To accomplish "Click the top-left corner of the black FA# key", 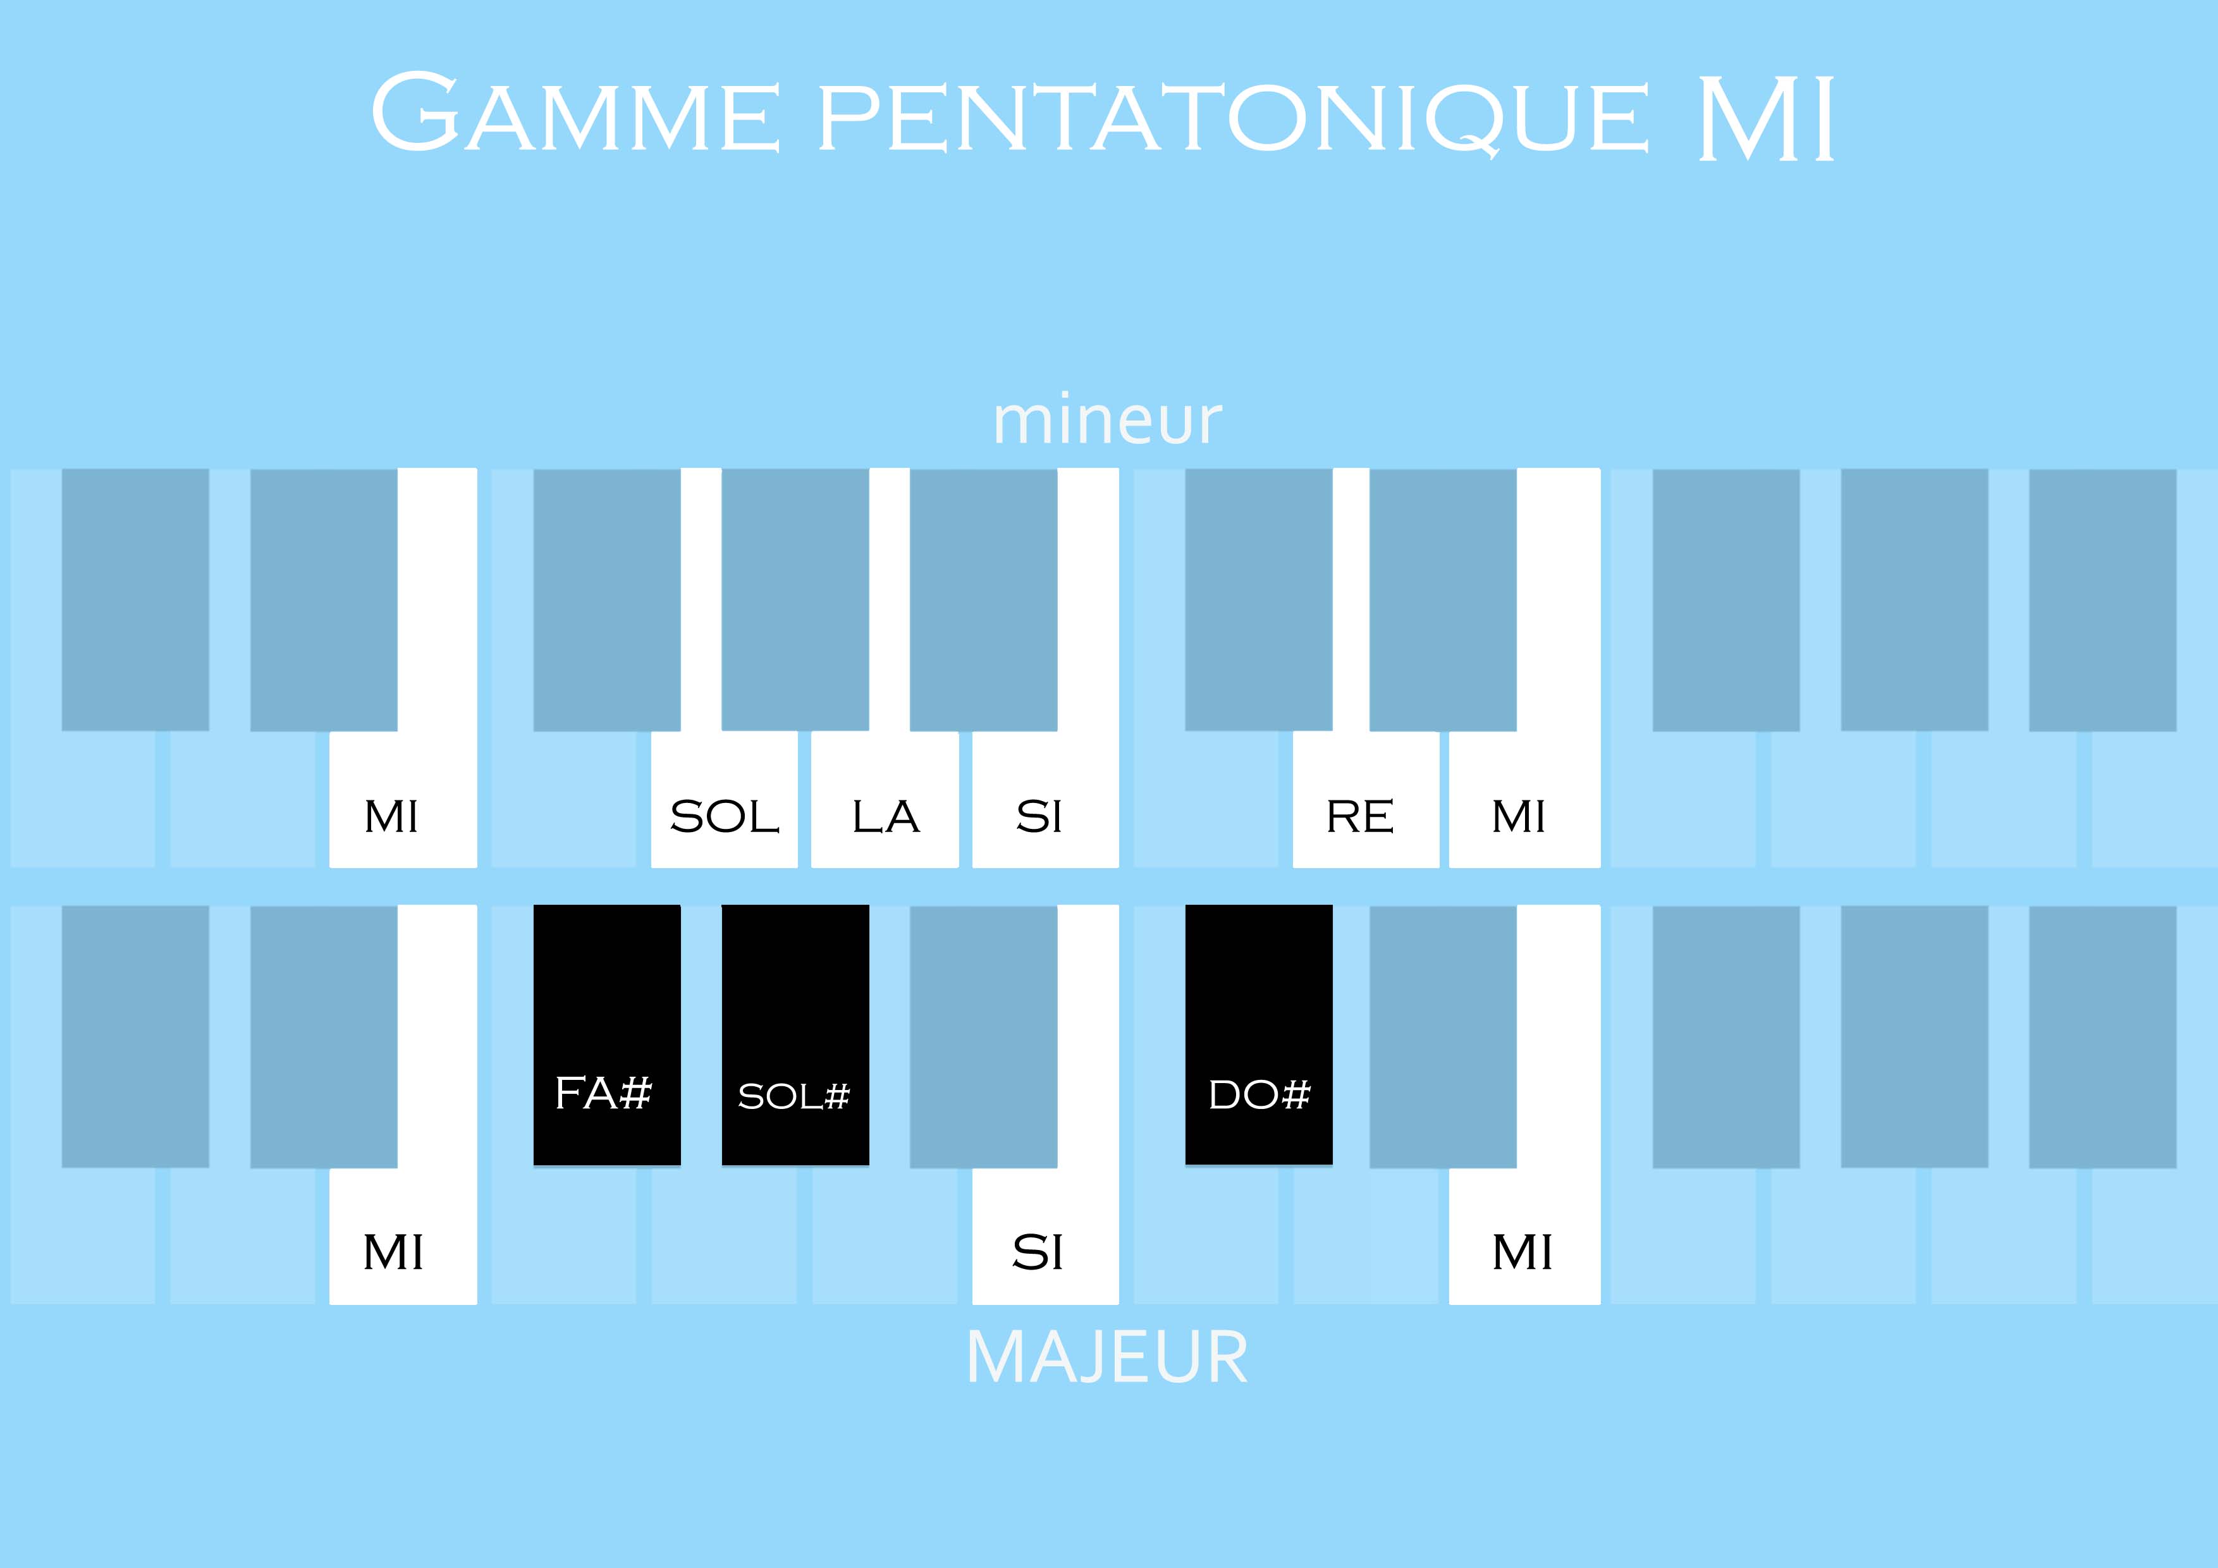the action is pyautogui.click(x=534, y=905).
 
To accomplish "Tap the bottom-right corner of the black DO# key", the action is pyautogui.click(x=1332, y=1165).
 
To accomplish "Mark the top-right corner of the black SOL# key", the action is pyautogui.click(x=869, y=905).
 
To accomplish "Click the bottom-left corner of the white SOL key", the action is pyautogui.click(x=652, y=867).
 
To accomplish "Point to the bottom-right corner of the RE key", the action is pyautogui.click(x=1438, y=867).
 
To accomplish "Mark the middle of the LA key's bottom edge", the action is pyautogui.click(x=885, y=867).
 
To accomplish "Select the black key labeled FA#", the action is pyautogui.click(x=608, y=1036).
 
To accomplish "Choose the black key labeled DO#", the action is pyautogui.click(x=1259, y=1035).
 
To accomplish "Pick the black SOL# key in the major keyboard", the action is pyautogui.click(x=795, y=1036).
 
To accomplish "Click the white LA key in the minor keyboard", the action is pyautogui.click(x=885, y=799).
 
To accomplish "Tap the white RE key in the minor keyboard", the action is pyautogui.click(x=1366, y=799).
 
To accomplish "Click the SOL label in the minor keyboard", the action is pyautogui.click(x=725, y=818).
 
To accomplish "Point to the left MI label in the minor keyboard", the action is pyautogui.click(x=391, y=818).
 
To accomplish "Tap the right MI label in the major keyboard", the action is pyautogui.click(x=1523, y=1253).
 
